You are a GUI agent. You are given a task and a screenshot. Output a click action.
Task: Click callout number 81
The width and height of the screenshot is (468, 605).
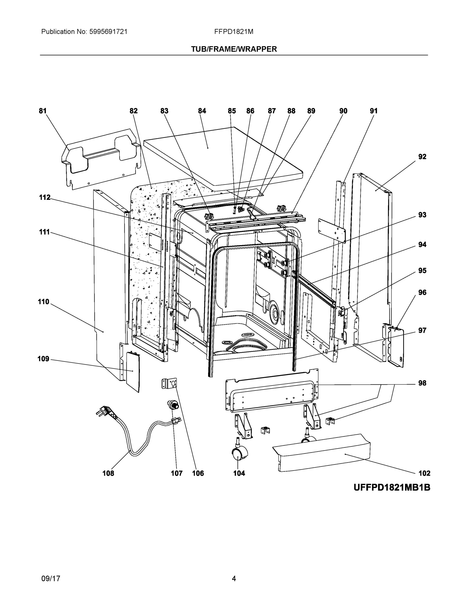coord(42,111)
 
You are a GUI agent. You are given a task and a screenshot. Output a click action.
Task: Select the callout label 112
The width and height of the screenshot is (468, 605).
coord(45,198)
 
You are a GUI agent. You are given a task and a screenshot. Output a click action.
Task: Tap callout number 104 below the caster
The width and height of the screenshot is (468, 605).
coord(239,473)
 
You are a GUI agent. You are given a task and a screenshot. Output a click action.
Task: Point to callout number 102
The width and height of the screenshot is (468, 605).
coord(424,473)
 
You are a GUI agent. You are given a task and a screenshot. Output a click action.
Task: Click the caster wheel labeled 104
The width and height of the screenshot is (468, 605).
coord(239,454)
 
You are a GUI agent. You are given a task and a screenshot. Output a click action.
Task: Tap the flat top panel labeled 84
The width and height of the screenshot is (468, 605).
coord(222,155)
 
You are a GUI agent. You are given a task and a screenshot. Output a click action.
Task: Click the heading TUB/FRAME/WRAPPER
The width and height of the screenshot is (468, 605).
coord(234,49)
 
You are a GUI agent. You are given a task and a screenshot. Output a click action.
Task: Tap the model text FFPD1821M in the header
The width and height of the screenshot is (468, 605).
coord(233,32)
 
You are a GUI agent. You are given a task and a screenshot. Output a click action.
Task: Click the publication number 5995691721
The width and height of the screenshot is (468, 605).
coord(108,32)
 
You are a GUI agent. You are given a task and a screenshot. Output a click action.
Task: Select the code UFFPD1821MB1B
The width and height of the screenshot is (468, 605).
coord(392,488)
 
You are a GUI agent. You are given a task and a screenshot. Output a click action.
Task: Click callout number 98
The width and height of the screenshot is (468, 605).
coord(422,383)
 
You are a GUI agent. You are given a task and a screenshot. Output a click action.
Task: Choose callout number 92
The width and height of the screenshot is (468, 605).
coord(422,157)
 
